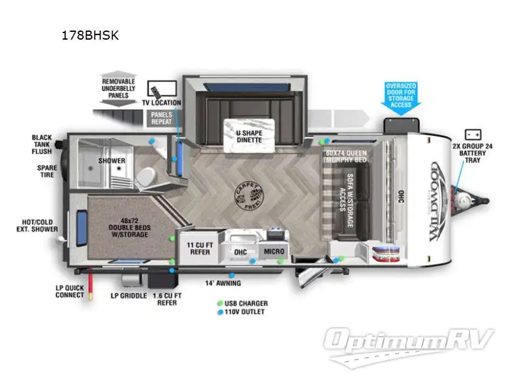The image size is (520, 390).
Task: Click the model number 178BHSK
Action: point(89,36)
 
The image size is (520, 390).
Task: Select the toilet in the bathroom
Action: point(147,175)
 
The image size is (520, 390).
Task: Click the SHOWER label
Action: point(111,160)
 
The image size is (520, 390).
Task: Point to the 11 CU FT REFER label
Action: point(200,248)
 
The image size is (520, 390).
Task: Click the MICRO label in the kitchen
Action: point(273,251)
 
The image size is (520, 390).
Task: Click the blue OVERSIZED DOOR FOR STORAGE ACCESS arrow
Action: point(400,98)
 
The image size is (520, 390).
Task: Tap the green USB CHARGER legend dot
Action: point(220,304)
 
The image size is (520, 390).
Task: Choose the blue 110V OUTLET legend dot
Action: point(220,312)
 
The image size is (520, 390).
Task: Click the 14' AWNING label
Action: point(223,283)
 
